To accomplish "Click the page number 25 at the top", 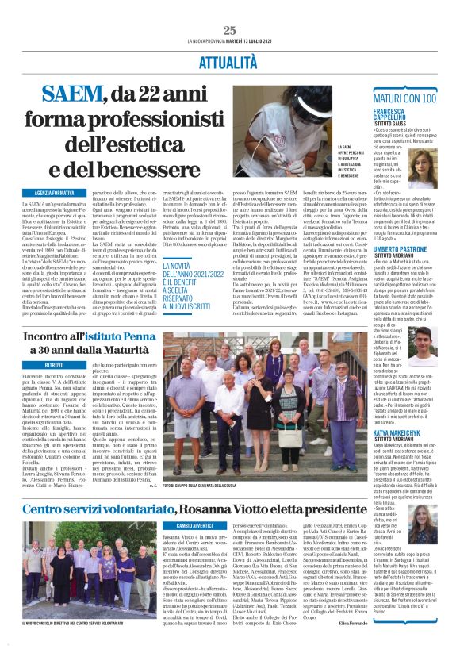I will click(x=230, y=30).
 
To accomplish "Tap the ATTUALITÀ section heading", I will click(x=229, y=60).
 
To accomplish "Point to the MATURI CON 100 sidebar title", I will click(x=403, y=98).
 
